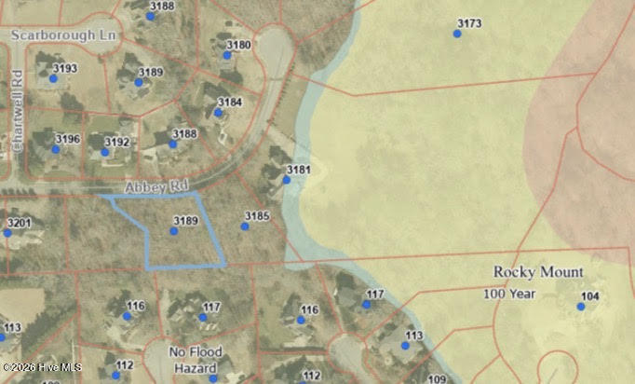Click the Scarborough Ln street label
pyautogui.click(x=64, y=34)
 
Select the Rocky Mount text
pyautogui.click(x=538, y=272)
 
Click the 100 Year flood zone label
pyautogui.click(x=509, y=294)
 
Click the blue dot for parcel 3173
pyautogui.click(x=457, y=34)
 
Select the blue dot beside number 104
pyautogui.click(x=581, y=306)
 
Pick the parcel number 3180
pyautogui.click(x=238, y=45)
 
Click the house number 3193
pyautogui.click(x=65, y=68)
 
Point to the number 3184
pyautogui.click(x=229, y=102)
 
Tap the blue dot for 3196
pyautogui.click(x=55, y=149)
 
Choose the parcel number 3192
pyautogui.click(x=116, y=143)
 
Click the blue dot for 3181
pyautogui.click(x=287, y=180)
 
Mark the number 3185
pyautogui.click(x=257, y=216)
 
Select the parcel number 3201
pyautogui.click(x=19, y=223)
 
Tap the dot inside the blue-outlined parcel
pyautogui.click(x=173, y=230)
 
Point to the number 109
pyautogui.click(x=437, y=378)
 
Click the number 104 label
pyautogui.click(x=590, y=295)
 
